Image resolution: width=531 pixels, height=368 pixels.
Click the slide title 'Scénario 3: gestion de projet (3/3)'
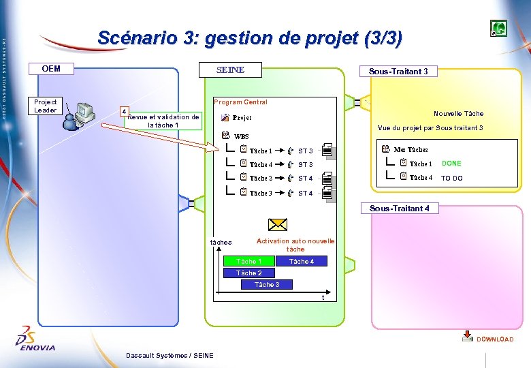point(249,38)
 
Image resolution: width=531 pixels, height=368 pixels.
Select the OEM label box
point(51,68)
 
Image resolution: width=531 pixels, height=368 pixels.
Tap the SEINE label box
point(230,70)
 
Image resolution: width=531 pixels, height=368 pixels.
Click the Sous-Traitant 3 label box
point(398,71)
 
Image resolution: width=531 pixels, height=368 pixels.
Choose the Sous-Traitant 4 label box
point(399,209)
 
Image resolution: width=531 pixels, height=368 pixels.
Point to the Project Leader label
point(46,106)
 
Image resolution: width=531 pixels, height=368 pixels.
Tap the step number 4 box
point(123,111)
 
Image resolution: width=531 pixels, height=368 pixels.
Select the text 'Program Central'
point(240,102)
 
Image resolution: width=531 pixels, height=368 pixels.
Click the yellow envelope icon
point(277,225)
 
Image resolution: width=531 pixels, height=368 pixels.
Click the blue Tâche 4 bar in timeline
point(302,261)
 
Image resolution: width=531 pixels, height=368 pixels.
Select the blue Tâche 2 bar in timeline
point(248,273)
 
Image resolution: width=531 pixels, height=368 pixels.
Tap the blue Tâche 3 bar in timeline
point(267,284)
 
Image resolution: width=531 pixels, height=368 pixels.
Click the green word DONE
point(451,164)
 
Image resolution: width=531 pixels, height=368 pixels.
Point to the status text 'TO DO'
point(451,178)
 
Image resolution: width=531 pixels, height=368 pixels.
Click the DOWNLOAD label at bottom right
point(495,339)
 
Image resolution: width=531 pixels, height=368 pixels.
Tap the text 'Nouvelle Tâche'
point(458,113)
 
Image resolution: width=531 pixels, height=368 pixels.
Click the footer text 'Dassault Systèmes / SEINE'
point(170,355)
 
